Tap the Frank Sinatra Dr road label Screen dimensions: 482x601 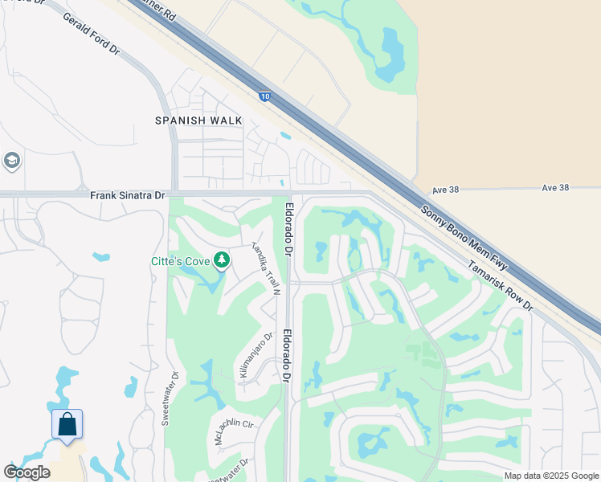[127, 195]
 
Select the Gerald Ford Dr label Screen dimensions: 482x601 [91, 35]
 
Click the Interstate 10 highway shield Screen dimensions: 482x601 [264, 96]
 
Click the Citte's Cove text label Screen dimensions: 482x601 [180, 261]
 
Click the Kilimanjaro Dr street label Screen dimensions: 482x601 [256, 355]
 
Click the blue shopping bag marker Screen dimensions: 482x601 [67, 423]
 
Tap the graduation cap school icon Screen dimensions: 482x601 [10, 161]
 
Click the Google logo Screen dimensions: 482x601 [27, 472]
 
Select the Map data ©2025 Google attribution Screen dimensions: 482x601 [551, 476]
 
